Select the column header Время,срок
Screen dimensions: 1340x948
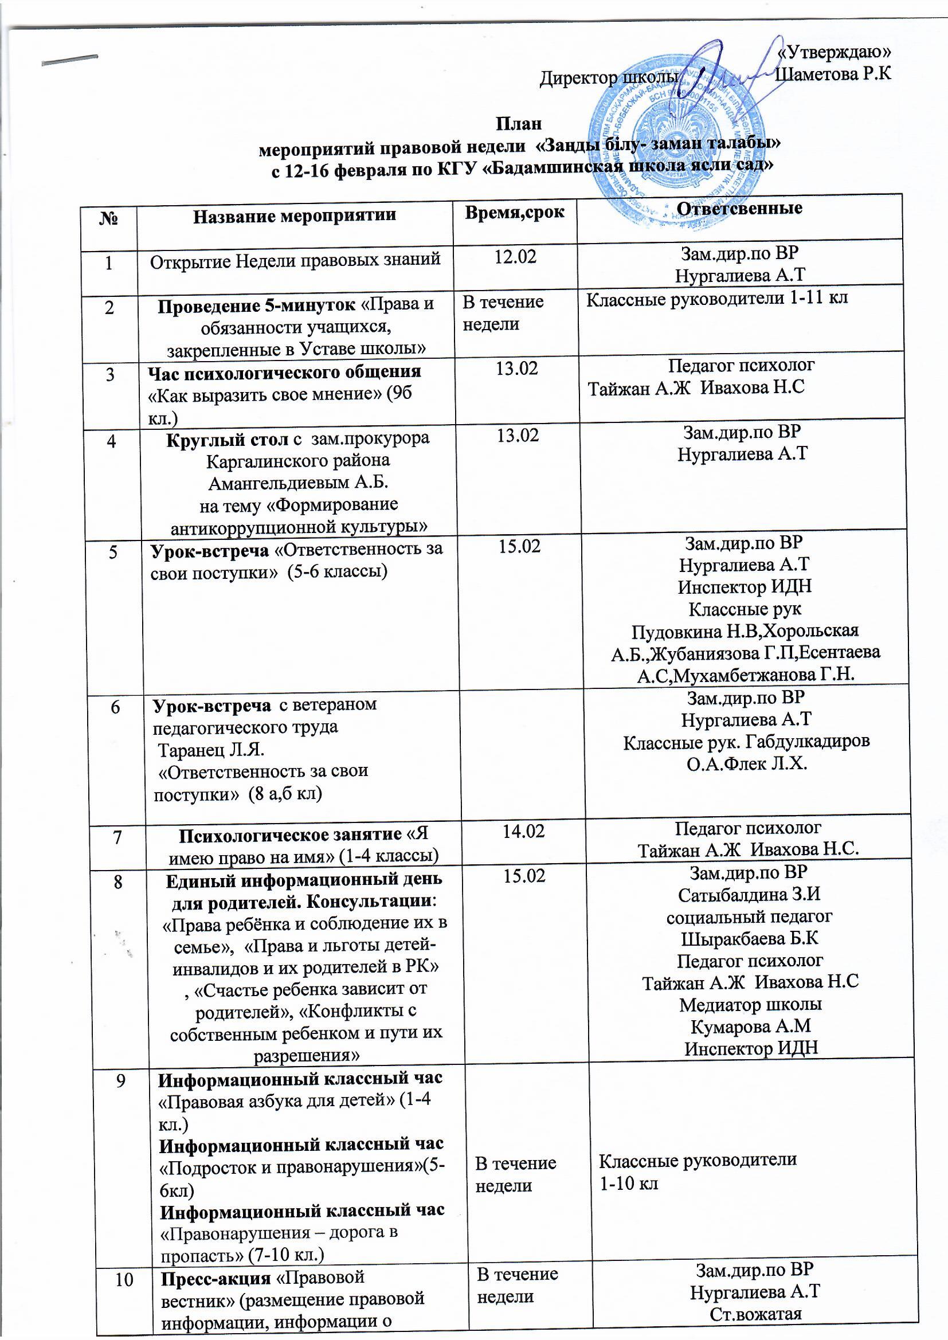click(514, 213)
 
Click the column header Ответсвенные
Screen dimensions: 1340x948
click(739, 209)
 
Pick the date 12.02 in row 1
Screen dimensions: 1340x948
click(515, 257)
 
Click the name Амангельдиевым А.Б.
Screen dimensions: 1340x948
click(298, 483)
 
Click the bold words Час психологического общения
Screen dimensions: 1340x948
click(284, 371)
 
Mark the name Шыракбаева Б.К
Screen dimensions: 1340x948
click(750, 938)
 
